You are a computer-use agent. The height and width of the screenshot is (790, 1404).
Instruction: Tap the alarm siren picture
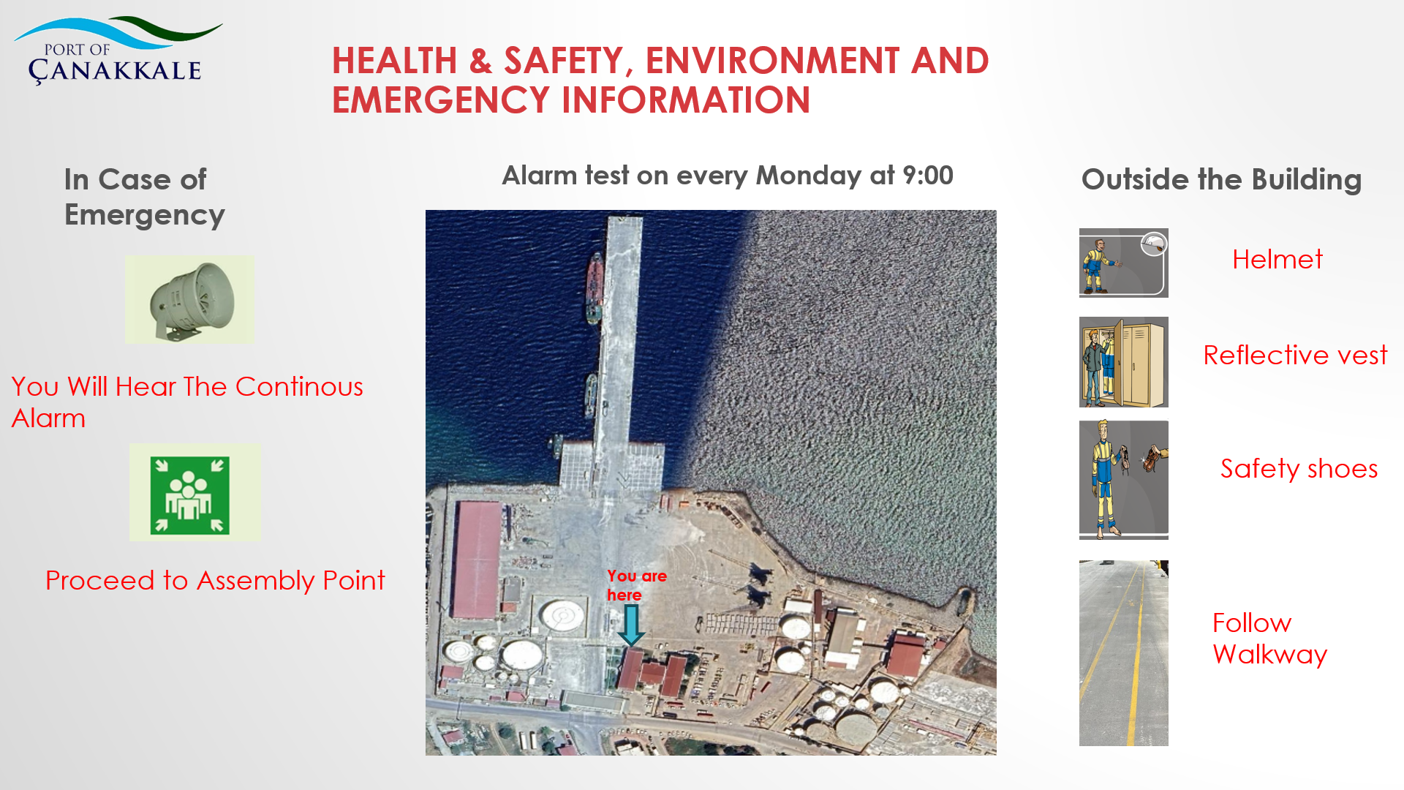point(189,300)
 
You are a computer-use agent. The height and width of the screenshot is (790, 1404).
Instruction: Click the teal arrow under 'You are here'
point(631,625)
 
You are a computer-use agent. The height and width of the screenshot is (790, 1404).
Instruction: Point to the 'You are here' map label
point(636,585)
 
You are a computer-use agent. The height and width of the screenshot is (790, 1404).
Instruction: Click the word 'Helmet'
point(1277,260)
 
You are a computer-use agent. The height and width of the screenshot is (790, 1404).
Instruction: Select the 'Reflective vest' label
point(1295,355)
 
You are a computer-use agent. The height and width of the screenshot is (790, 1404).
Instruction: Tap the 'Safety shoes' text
point(1299,469)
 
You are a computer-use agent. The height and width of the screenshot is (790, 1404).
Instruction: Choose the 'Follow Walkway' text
point(1269,639)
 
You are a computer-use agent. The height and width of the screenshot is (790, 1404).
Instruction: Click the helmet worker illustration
point(1124,263)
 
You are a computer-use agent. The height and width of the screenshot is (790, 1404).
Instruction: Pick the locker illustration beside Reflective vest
point(1124,362)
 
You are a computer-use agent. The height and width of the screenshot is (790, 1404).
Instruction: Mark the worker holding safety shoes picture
point(1124,480)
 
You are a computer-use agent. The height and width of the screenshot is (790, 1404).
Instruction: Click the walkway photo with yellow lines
point(1124,653)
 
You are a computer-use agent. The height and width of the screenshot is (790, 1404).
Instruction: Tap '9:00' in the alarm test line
point(928,176)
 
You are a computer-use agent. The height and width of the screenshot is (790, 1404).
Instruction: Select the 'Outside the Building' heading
point(1221,180)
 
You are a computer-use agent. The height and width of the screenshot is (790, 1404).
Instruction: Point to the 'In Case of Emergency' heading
point(145,197)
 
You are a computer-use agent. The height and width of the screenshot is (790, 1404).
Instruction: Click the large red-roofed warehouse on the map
point(477,560)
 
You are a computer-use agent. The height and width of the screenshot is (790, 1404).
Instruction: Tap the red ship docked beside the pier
point(595,287)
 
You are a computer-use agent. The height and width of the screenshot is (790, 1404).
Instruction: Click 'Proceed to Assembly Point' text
point(215,581)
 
